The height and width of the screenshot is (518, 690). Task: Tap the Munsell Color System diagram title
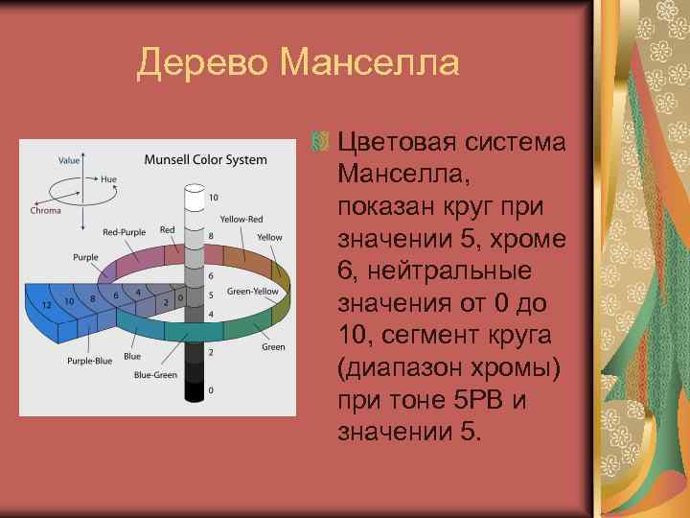[206, 159]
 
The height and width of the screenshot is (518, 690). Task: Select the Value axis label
[69, 160]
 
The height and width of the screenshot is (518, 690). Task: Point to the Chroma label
[45, 210]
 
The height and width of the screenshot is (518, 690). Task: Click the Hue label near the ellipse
[108, 179]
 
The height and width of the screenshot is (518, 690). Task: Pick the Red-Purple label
[123, 233]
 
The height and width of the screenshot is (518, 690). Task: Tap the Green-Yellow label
[252, 292]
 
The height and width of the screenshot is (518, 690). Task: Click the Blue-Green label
[155, 375]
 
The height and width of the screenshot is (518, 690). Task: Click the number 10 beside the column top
[213, 198]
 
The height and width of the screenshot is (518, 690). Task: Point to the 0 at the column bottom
[211, 389]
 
